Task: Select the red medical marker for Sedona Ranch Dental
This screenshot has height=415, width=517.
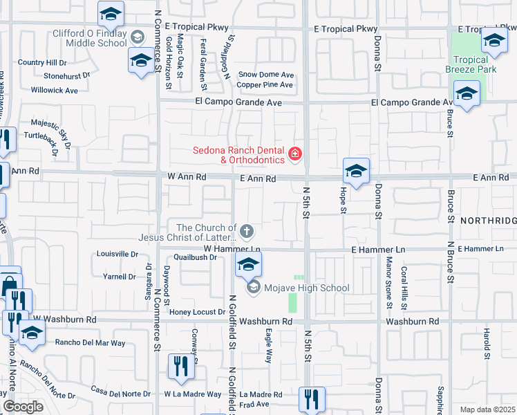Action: click(296, 154)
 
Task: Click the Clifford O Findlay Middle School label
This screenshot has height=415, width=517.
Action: click(90, 38)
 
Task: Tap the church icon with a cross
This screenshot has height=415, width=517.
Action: click(247, 230)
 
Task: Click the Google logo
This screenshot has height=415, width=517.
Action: click(22, 407)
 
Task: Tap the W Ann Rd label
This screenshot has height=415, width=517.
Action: click(187, 177)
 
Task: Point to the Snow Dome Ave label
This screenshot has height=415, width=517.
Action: click(266, 75)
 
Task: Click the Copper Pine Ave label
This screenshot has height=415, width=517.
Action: click(265, 85)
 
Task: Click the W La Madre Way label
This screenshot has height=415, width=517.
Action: click(192, 394)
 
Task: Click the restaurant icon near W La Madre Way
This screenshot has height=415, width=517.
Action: click(181, 366)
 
